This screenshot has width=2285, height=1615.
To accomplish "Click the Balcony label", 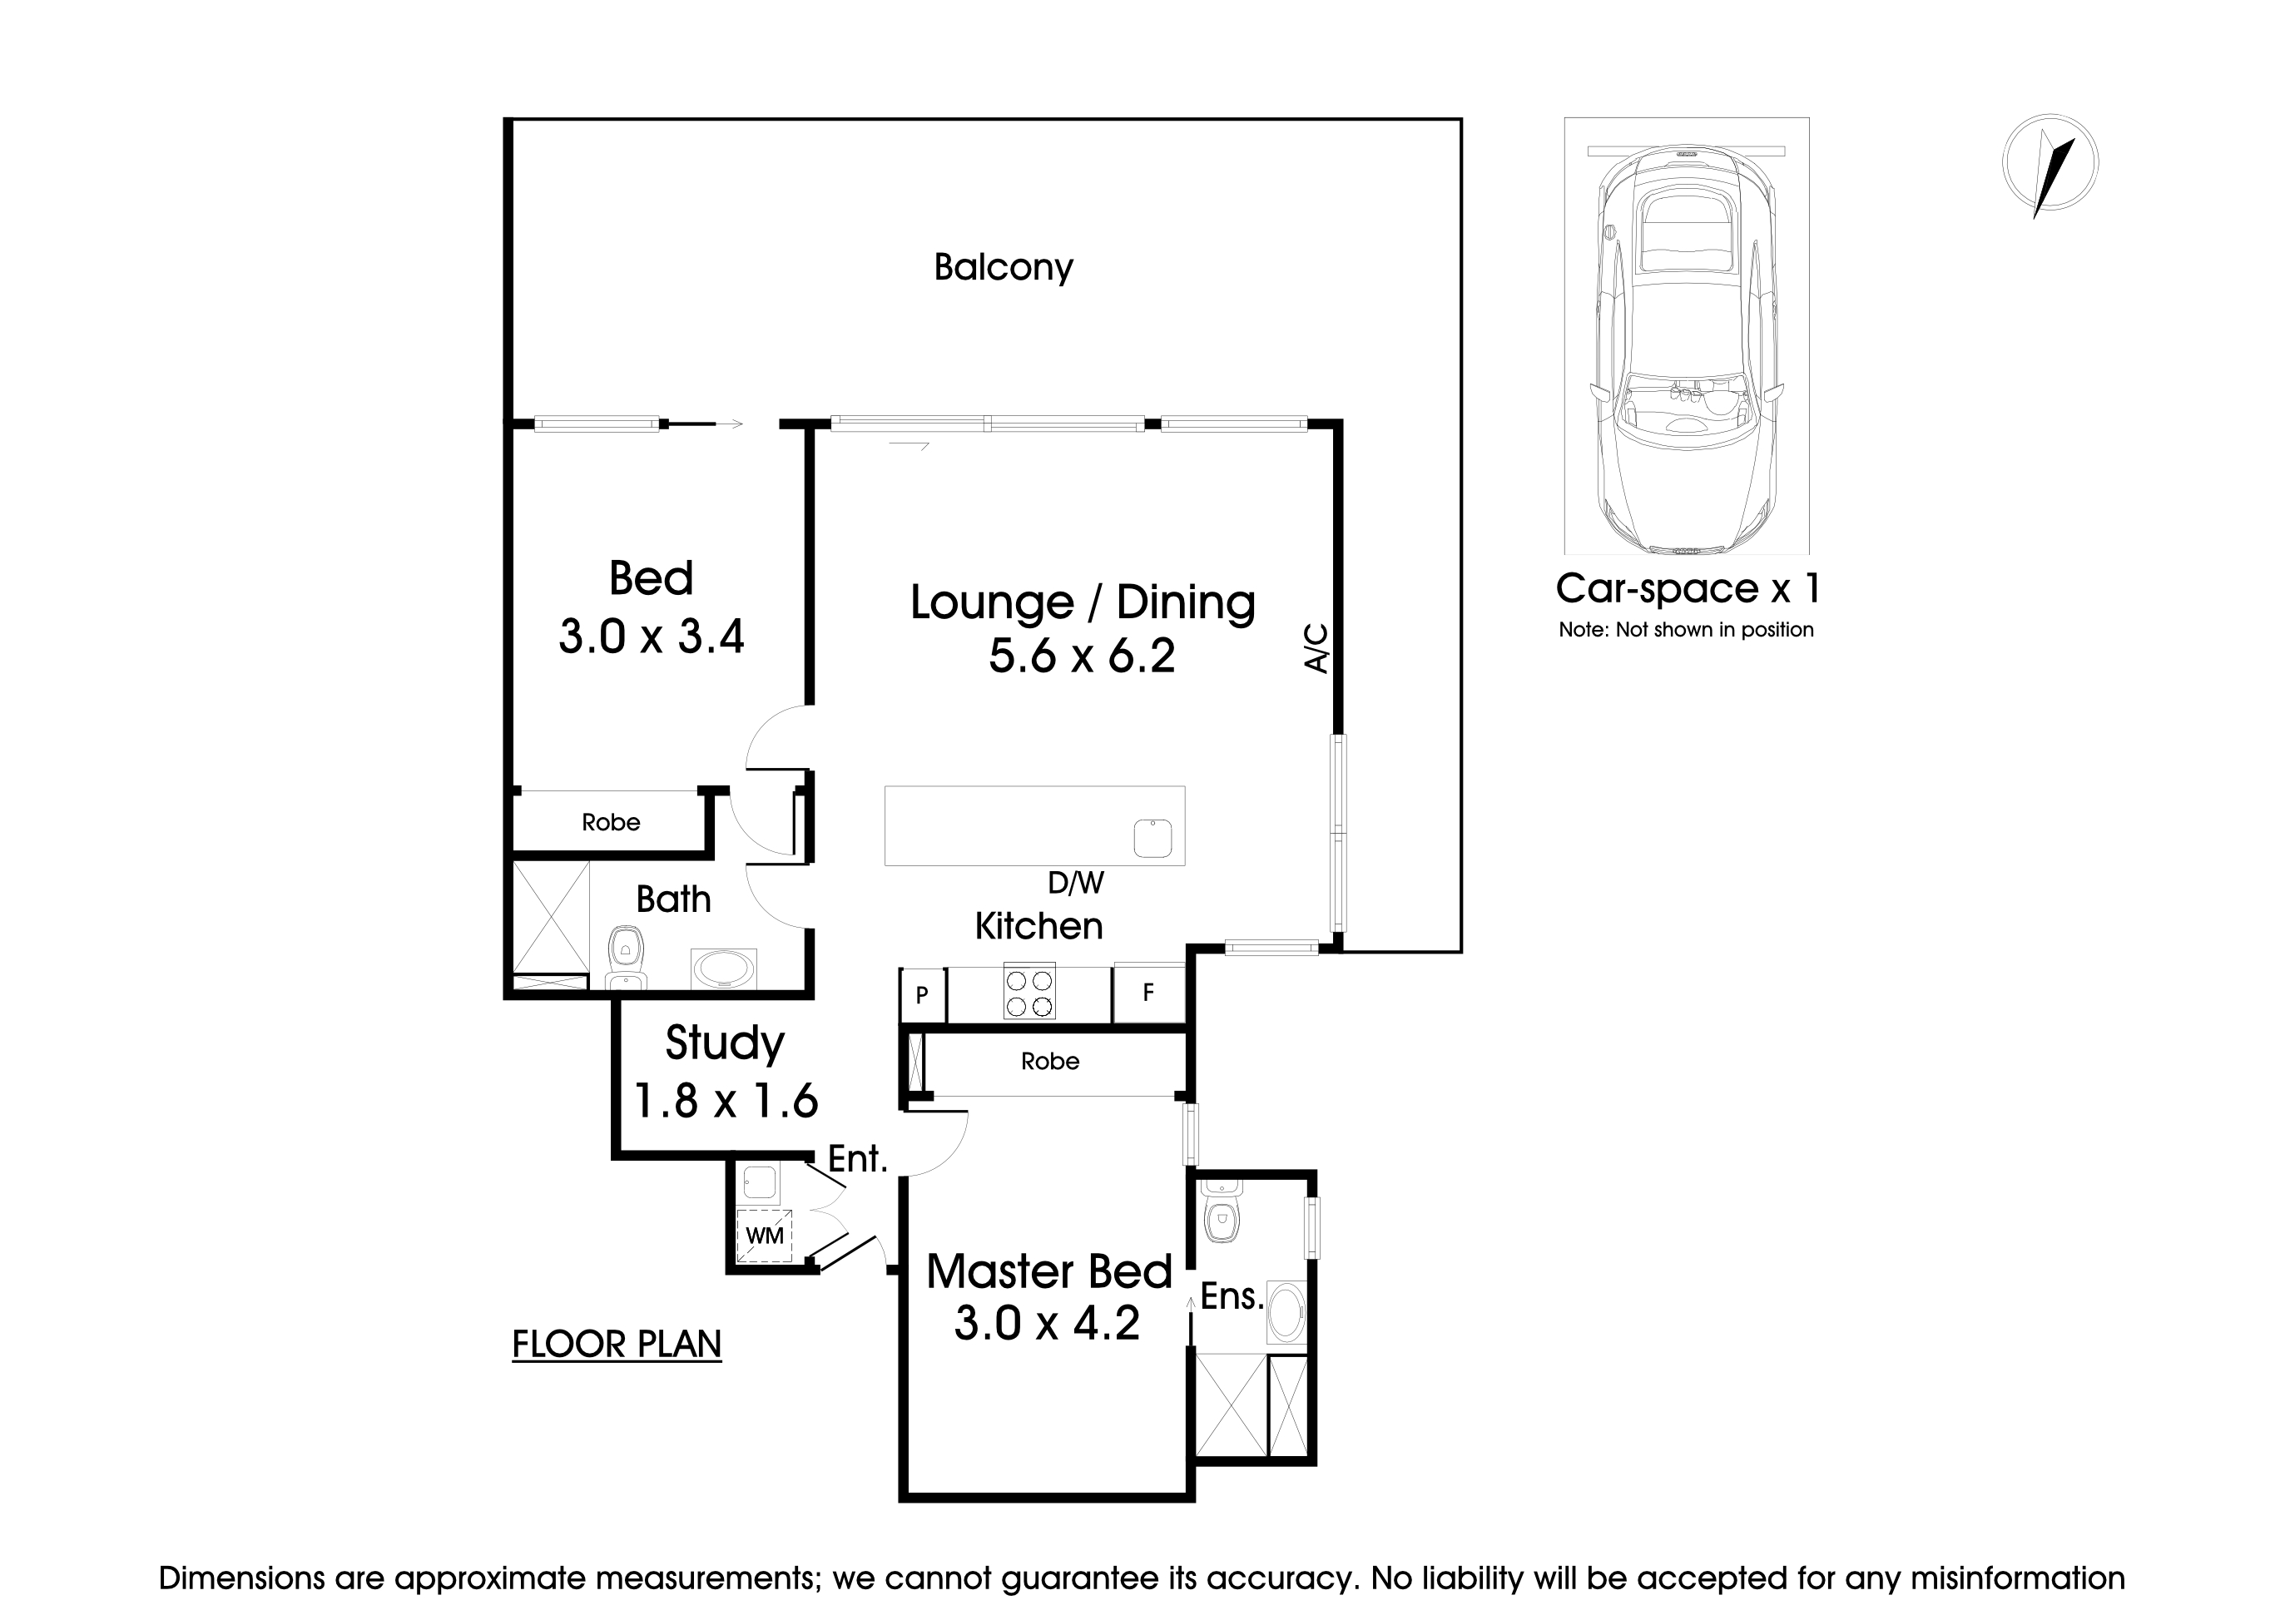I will (1004, 268).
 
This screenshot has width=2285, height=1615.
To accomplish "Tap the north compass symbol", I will (2050, 164).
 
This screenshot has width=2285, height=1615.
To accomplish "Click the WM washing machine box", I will (765, 1235).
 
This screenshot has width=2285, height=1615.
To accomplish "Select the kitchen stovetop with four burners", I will (1029, 992).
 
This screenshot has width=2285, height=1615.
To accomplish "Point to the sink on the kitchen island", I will (1152, 838).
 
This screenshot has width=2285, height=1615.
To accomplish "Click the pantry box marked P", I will (923, 994).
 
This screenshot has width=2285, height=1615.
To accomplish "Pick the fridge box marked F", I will (1148, 992).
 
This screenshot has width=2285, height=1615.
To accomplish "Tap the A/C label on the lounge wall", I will (1316, 648).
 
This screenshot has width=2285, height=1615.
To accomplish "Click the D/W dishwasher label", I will (1075, 883).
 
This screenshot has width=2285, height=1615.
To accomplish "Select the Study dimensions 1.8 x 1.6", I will (726, 1102).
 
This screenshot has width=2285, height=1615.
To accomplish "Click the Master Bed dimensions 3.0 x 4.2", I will (1047, 1324).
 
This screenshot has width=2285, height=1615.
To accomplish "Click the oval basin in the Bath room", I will (723, 969).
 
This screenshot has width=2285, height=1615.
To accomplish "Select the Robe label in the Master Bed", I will (1050, 1062).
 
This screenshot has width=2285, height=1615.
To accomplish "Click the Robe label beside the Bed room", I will (611, 823).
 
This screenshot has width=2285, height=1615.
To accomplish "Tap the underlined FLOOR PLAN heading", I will (616, 1345).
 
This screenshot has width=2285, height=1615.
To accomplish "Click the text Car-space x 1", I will (1688, 588).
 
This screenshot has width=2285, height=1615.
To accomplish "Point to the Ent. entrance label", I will (857, 1158).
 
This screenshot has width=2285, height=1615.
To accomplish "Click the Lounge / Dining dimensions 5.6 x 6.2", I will (1082, 656).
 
